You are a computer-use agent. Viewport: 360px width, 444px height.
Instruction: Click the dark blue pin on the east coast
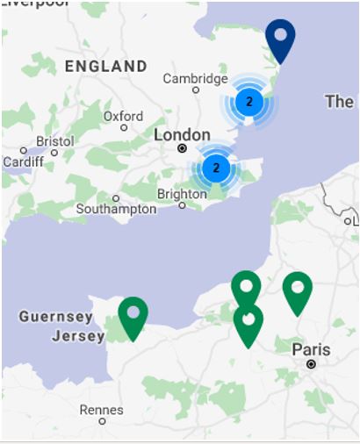(x=280, y=39)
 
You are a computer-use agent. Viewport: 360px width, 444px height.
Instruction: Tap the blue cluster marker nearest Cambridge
(x=249, y=102)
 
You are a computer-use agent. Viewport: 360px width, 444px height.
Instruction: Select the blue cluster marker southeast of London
(x=217, y=167)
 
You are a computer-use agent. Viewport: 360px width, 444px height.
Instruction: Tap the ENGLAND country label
(x=106, y=66)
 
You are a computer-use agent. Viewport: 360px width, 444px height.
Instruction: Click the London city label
(x=182, y=135)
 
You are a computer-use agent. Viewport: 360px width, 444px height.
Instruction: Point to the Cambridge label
(x=195, y=78)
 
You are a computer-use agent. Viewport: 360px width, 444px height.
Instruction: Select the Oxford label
(x=123, y=116)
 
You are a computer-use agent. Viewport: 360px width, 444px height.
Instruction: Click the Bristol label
(x=55, y=140)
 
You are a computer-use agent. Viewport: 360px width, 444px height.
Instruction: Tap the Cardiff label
(x=22, y=162)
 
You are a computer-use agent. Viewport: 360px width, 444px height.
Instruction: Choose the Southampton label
(x=116, y=209)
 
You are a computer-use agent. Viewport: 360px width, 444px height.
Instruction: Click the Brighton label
(x=182, y=194)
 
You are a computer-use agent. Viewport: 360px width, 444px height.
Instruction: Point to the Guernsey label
(x=55, y=316)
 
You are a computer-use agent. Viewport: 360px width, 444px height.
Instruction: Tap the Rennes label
(x=102, y=409)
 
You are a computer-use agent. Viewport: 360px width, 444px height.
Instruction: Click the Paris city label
(x=311, y=349)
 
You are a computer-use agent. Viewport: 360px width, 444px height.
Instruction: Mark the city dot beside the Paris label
(x=311, y=363)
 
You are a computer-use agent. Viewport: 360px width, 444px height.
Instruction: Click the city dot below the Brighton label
(x=182, y=205)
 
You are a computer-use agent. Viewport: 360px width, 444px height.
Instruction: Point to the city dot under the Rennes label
(x=102, y=421)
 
